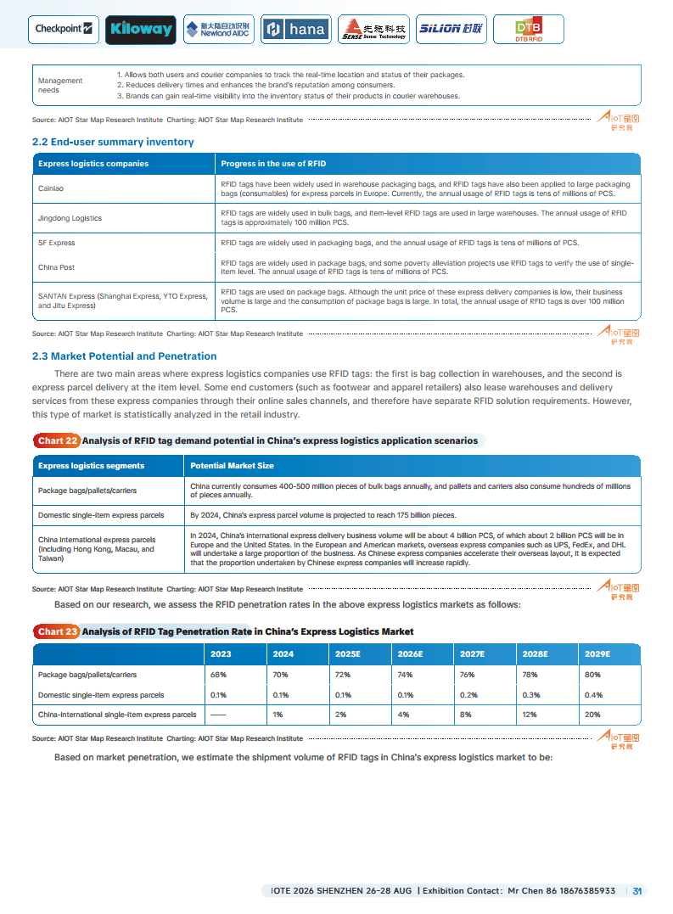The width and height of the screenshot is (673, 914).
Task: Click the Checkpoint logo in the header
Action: pyautogui.click(x=64, y=29)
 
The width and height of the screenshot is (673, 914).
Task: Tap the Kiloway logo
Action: pyautogui.click(x=141, y=30)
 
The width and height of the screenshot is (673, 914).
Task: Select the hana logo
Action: pyautogui.click(x=295, y=30)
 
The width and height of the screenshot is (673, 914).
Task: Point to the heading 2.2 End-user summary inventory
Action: pyautogui.click(x=113, y=142)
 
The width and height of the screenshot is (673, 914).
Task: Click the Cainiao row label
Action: pyautogui.click(x=51, y=188)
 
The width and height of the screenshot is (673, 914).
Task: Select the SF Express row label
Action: pyautogui.click(x=57, y=243)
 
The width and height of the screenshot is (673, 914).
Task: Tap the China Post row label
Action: pyautogui.click(x=56, y=267)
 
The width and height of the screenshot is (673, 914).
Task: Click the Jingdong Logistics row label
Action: pyautogui.click(x=70, y=218)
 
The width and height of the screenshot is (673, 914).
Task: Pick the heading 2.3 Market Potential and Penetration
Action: pyautogui.click(x=124, y=356)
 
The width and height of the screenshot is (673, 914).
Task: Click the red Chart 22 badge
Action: pyautogui.click(x=58, y=440)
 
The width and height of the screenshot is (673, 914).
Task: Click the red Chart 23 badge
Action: pyautogui.click(x=58, y=631)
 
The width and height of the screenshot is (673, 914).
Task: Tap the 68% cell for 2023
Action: pyautogui.click(x=219, y=675)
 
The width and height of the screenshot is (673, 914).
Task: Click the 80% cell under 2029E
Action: pyautogui.click(x=593, y=675)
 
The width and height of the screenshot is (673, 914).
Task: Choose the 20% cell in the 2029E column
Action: pyautogui.click(x=593, y=715)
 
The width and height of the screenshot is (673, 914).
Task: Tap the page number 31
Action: pyautogui.click(x=638, y=891)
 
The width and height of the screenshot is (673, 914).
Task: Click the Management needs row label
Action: pyautogui.click(x=60, y=85)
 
